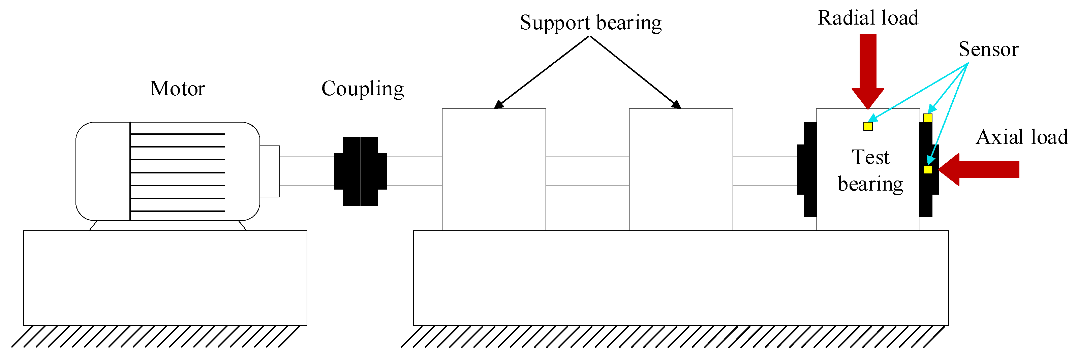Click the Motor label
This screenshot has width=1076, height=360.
tap(178, 89)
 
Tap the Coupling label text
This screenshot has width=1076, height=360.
tap(363, 89)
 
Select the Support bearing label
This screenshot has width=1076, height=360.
tap(590, 23)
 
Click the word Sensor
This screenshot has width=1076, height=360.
tap(988, 49)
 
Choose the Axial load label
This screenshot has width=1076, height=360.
tap(1022, 137)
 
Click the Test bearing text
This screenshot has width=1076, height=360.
tap(870, 170)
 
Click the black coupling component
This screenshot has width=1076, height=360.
tap(361, 171)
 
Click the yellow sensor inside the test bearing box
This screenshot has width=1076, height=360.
tap(868, 126)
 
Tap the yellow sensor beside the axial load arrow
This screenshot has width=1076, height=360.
tap(928, 169)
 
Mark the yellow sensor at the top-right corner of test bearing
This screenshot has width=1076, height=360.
tap(928, 118)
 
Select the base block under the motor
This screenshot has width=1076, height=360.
tap(165, 278)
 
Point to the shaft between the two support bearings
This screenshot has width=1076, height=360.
tap(587, 171)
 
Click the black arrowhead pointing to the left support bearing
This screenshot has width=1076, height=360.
tap(498, 105)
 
